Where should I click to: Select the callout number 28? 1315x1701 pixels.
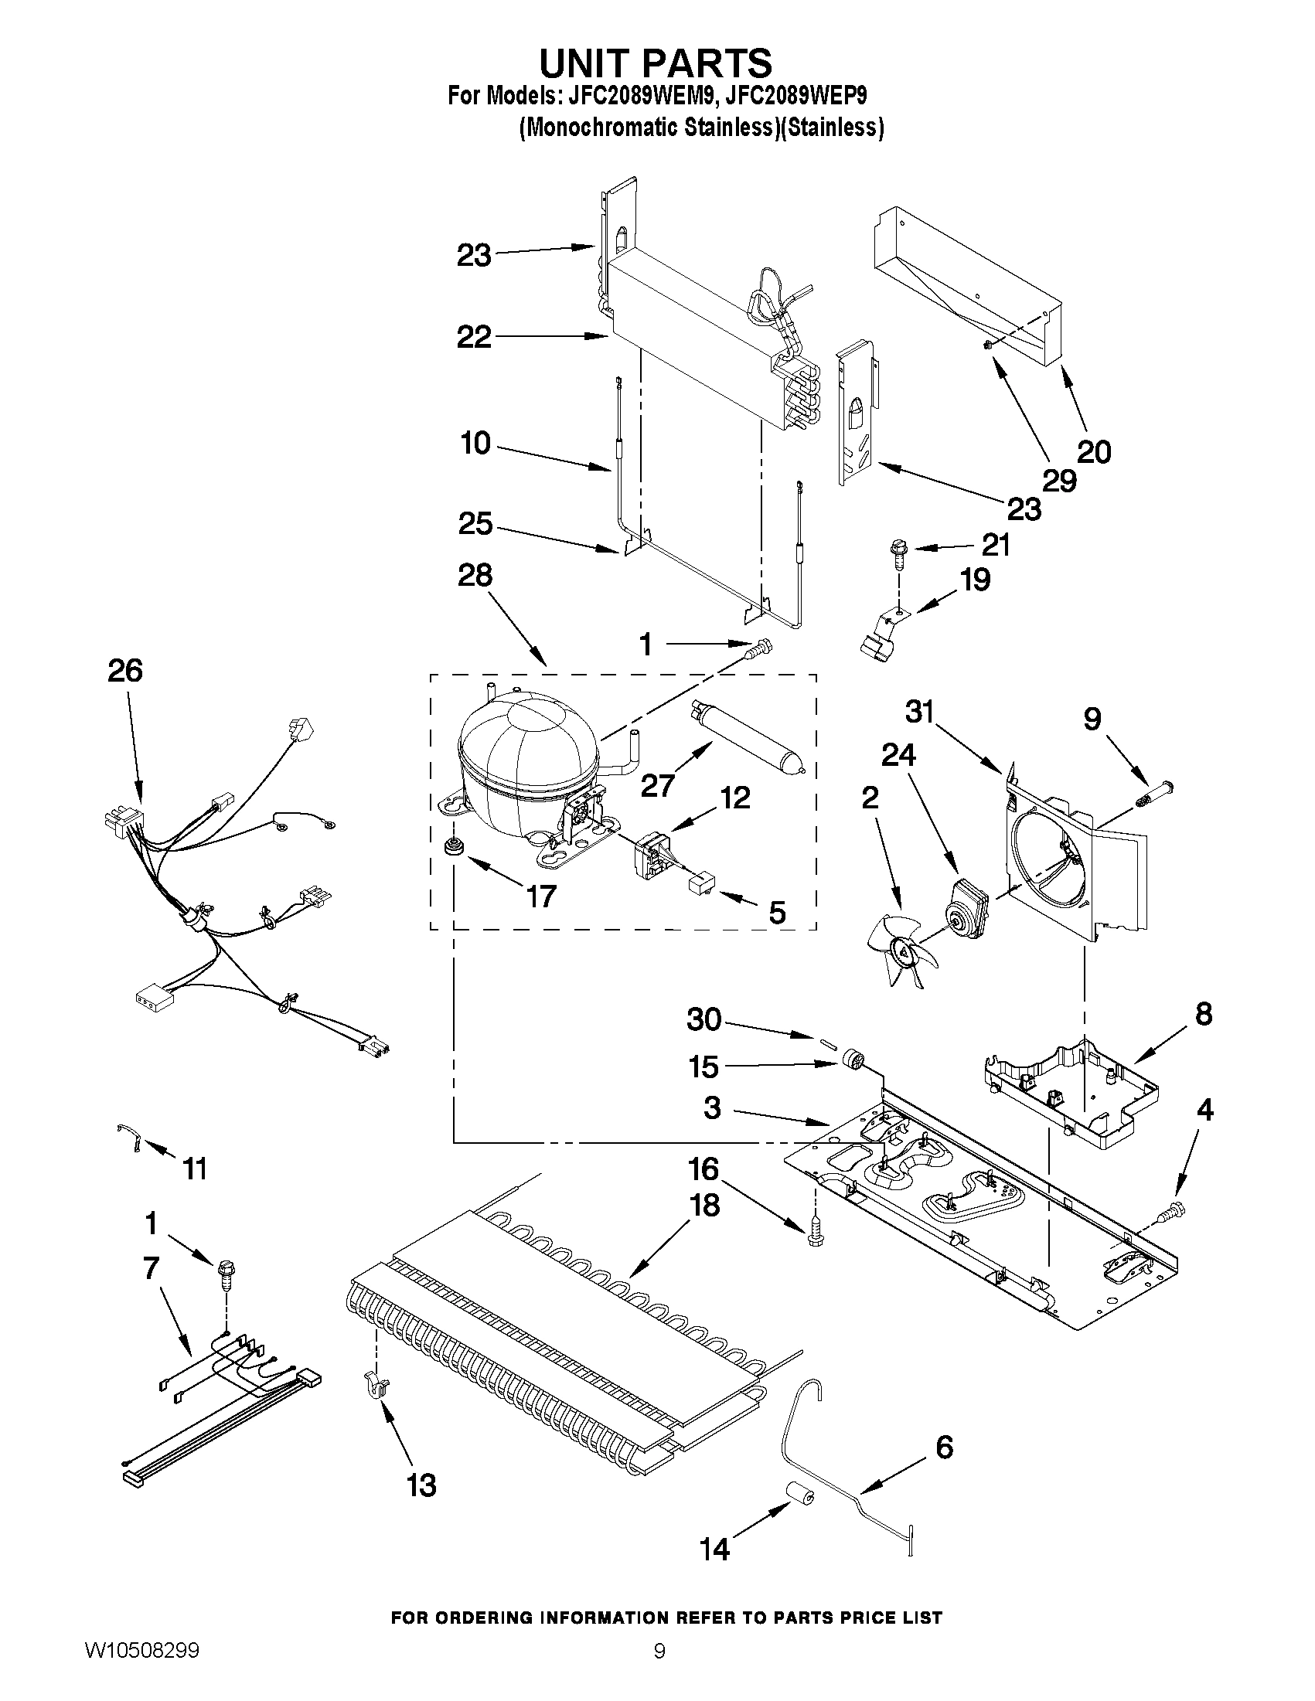[x=475, y=576]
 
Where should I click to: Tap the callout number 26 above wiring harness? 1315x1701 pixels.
[x=125, y=671]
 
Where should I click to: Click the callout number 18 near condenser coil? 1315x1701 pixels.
[x=704, y=1205]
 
